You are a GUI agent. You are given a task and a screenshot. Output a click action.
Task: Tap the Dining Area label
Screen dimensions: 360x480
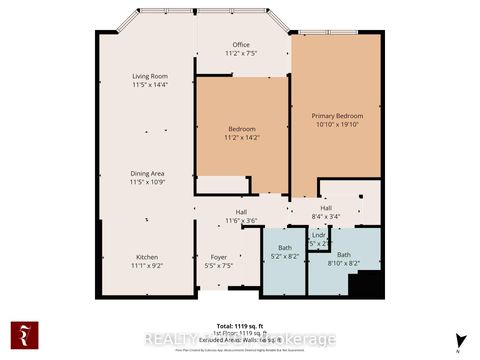(x=148, y=173)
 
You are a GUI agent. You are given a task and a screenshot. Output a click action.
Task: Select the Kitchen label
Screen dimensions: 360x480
(x=148, y=256)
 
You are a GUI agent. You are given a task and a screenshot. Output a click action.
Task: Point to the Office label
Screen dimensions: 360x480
(x=241, y=45)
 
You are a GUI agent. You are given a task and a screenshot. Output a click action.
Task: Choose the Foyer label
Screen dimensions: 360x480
(x=218, y=256)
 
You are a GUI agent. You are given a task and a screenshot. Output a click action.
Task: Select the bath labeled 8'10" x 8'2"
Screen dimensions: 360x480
(x=344, y=256)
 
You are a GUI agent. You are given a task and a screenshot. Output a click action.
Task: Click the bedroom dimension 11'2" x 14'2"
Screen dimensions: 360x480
(x=241, y=139)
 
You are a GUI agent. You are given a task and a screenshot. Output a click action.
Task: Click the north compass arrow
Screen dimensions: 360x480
(x=458, y=338)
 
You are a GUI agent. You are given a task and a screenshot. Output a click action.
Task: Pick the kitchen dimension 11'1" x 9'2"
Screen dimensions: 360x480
(x=148, y=266)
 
